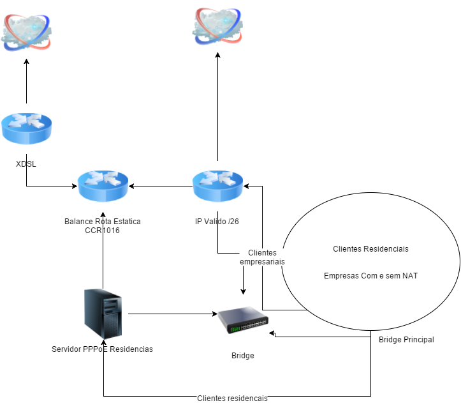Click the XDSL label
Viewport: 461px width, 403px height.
26,164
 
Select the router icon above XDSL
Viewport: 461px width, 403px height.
26,128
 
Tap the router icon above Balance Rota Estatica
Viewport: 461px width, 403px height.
103,186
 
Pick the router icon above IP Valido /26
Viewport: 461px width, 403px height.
217,186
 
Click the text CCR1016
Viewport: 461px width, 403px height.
102,231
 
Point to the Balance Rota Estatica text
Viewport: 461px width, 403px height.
102,222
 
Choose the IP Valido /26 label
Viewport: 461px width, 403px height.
217,222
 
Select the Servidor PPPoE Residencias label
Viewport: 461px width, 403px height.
102,349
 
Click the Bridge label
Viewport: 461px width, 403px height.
242,356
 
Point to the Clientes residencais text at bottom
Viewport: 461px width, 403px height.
232,399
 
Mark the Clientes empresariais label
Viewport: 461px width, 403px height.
262,257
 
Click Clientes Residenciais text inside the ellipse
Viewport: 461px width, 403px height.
370,249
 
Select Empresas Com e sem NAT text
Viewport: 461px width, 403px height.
370,276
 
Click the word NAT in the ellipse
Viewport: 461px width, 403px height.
409,276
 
